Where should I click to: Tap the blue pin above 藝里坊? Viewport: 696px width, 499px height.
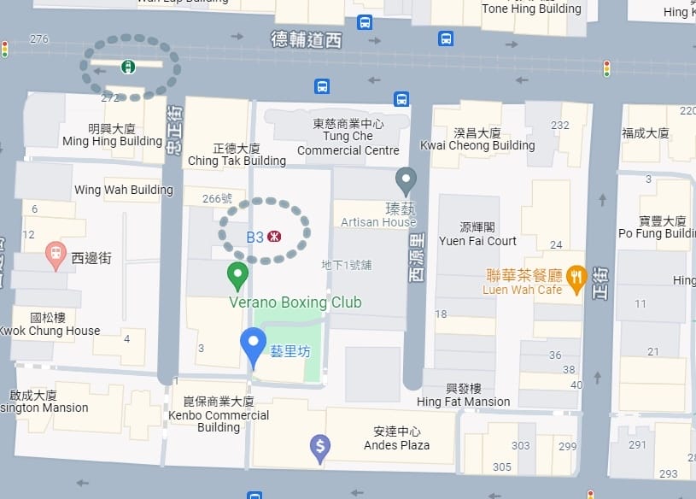click(x=253, y=344)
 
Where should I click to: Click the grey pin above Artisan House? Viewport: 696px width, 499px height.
click(x=406, y=179)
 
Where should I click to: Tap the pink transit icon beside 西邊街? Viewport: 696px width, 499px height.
click(x=56, y=254)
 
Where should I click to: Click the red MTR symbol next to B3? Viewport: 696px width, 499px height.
click(x=275, y=237)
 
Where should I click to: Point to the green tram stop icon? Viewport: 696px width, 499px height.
click(x=127, y=67)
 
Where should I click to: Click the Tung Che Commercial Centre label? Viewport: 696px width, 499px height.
click(x=348, y=138)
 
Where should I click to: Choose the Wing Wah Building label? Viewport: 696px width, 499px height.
click(x=124, y=190)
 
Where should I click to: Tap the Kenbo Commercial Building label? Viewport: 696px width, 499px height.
click(x=219, y=414)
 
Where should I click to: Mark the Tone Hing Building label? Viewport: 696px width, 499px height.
click(x=531, y=9)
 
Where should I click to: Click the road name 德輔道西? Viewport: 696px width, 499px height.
click(x=306, y=39)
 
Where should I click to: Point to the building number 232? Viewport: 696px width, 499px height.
click(x=560, y=125)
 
